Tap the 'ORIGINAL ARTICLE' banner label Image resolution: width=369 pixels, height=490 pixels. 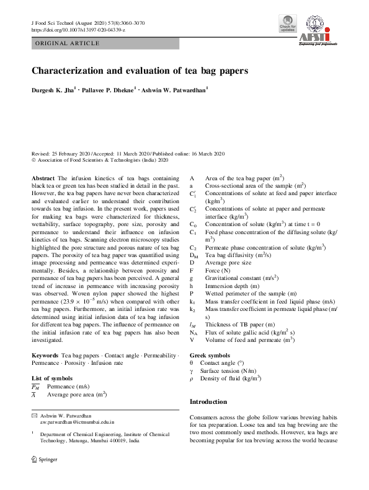click(68, 43)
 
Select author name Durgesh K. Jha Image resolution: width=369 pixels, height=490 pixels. click(53, 90)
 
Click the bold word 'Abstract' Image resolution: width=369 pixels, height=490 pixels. click(43, 178)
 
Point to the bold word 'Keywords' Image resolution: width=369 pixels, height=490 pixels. click(45, 356)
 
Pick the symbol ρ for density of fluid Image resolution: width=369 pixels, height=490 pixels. click(192, 378)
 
